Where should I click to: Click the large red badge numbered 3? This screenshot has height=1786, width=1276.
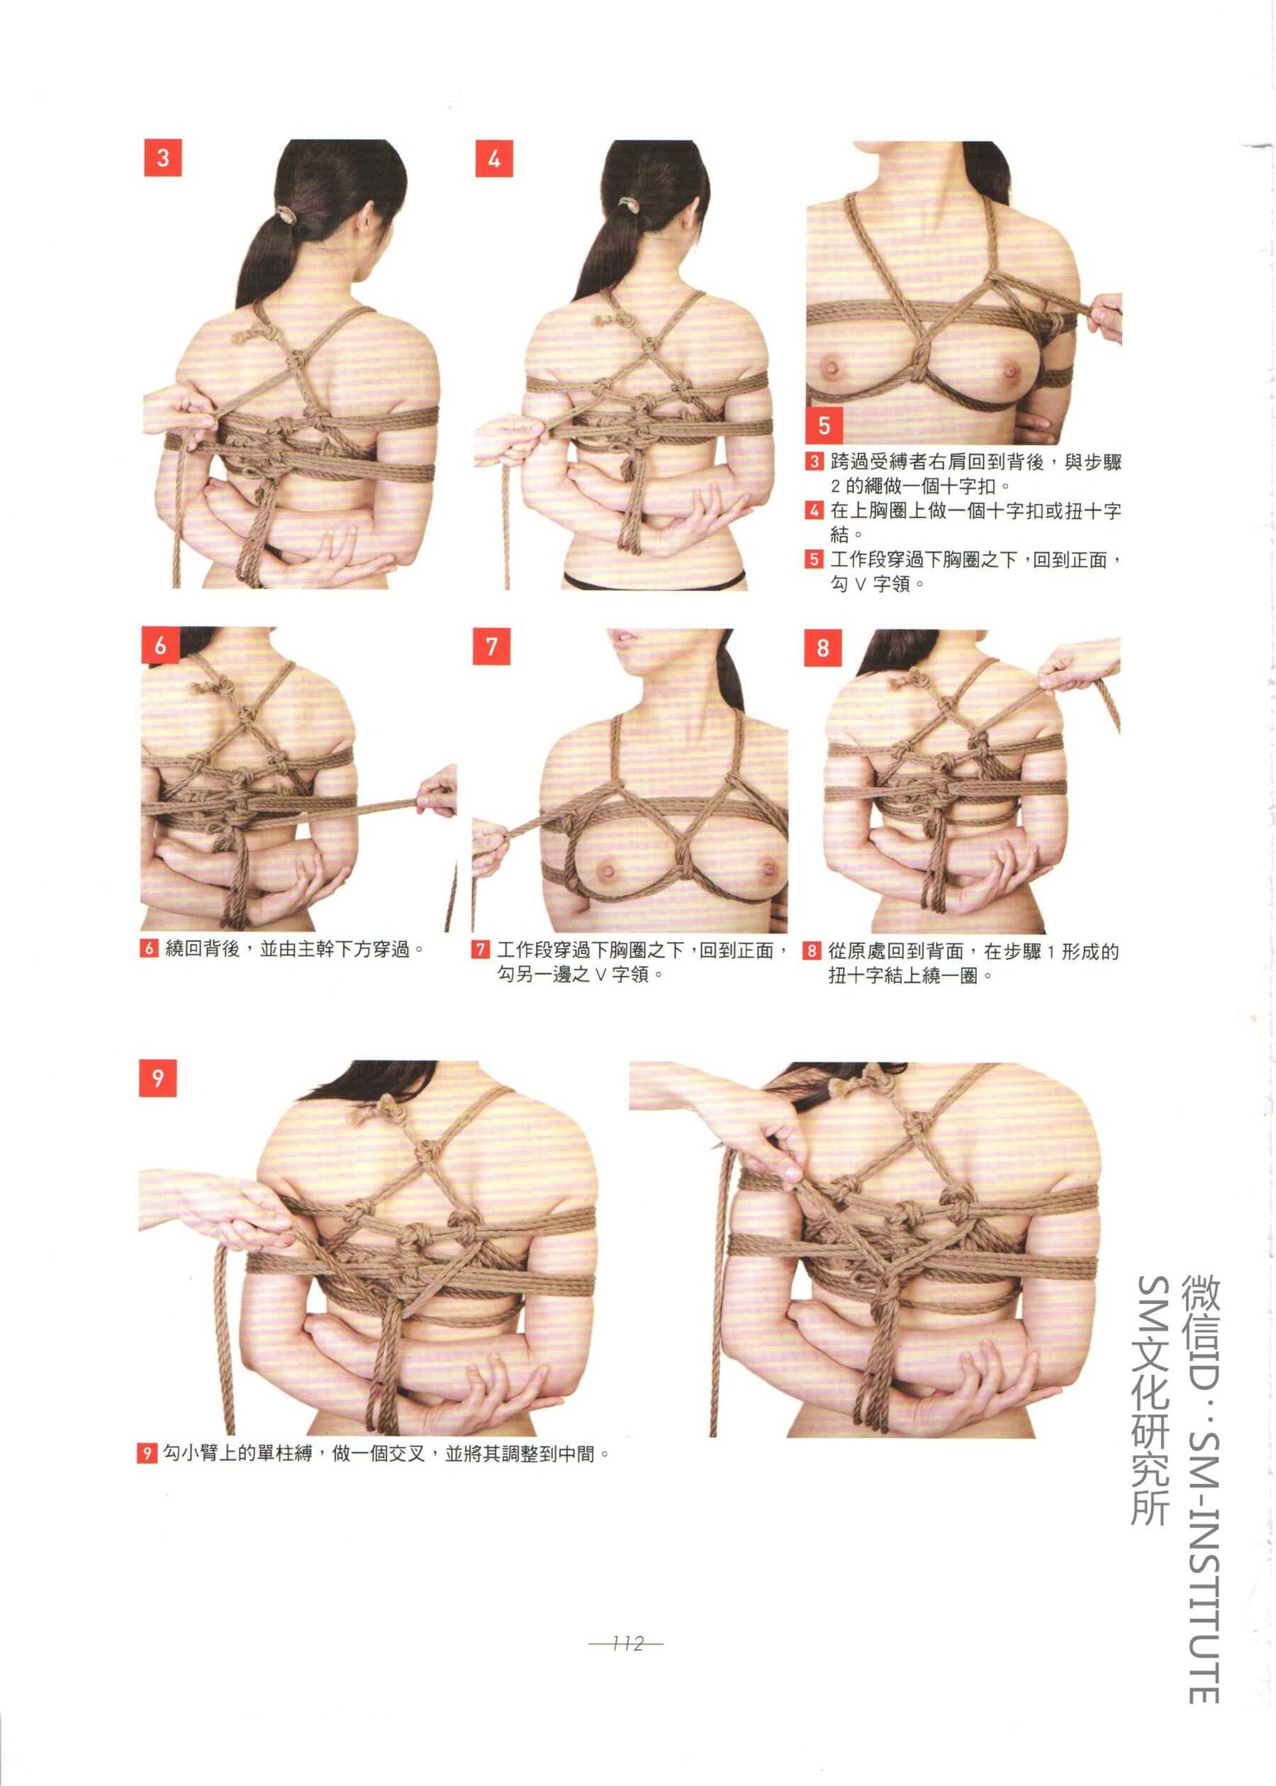[x=162, y=158]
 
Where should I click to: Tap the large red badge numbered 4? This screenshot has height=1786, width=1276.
[x=494, y=159]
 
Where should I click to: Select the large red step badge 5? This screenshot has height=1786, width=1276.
[x=824, y=425]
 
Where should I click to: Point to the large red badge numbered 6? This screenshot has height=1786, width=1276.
[x=160, y=645]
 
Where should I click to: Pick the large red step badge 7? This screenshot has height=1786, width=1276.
[x=491, y=646]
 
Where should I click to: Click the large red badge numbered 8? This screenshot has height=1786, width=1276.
[x=822, y=647]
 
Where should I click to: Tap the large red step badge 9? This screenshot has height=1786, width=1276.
[x=157, y=1077]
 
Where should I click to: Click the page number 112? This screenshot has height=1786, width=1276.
[x=626, y=1643]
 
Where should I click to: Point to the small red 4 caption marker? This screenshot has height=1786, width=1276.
[x=814, y=510]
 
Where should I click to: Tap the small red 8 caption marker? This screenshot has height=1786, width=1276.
[x=812, y=951]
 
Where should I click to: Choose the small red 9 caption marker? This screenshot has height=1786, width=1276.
[x=146, y=1453]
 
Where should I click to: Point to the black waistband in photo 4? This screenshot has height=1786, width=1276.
[x=654, y=580]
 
